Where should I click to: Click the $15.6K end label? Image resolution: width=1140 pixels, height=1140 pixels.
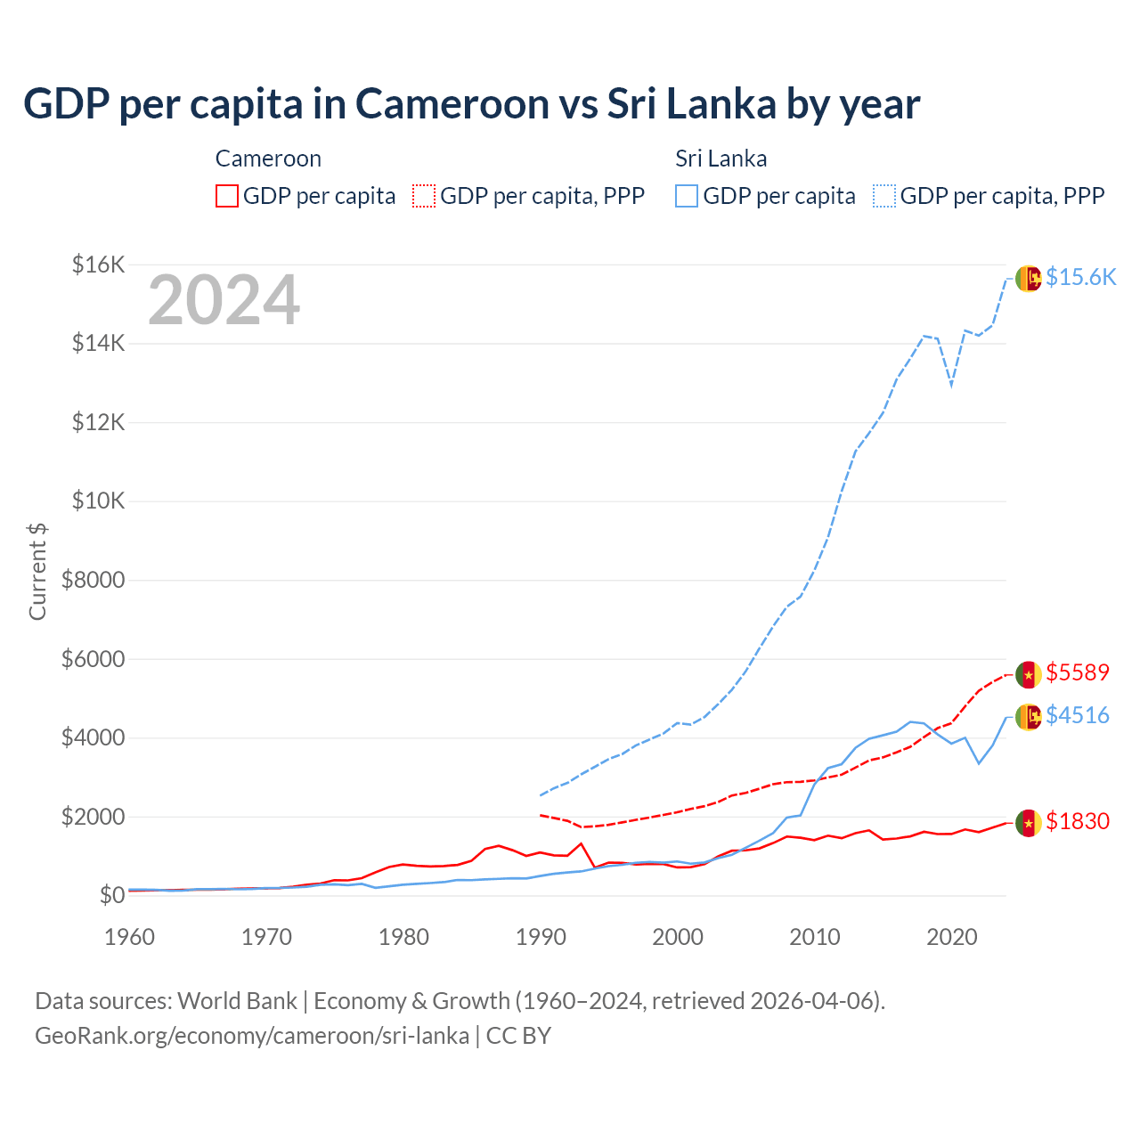[1080, 277]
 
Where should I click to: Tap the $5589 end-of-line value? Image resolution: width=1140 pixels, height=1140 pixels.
[1078, 672]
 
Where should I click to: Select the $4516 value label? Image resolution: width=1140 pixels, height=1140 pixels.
[1078, 715]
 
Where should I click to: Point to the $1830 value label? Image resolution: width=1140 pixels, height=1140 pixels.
[1078, 821]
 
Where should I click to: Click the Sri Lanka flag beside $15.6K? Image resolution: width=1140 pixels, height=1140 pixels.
[1029, 278]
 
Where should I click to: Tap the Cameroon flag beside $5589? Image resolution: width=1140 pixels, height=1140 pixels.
[1029, 674]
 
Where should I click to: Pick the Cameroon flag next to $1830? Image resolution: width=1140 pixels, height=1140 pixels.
[1029, 823]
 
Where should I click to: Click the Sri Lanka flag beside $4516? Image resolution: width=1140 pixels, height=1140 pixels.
[1029, 717]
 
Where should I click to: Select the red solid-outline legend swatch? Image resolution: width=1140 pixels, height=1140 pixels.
[227, 196]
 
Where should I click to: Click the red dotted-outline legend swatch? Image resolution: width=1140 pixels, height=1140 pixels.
[424, 196]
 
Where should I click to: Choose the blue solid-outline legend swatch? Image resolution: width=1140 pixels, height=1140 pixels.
[687, 196]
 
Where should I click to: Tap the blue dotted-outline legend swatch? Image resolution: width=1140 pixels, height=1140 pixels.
[884, 196]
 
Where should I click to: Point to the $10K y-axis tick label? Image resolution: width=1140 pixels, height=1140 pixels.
[98, 501]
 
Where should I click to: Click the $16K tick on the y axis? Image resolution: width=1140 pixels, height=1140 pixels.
[98, 265]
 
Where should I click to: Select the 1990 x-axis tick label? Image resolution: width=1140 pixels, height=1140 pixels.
[541, 937]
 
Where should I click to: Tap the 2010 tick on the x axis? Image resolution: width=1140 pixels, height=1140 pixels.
[815, 937]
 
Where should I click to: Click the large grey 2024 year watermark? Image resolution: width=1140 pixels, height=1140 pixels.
[224, 301]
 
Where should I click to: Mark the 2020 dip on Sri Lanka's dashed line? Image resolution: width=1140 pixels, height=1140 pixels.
[951, 386]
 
